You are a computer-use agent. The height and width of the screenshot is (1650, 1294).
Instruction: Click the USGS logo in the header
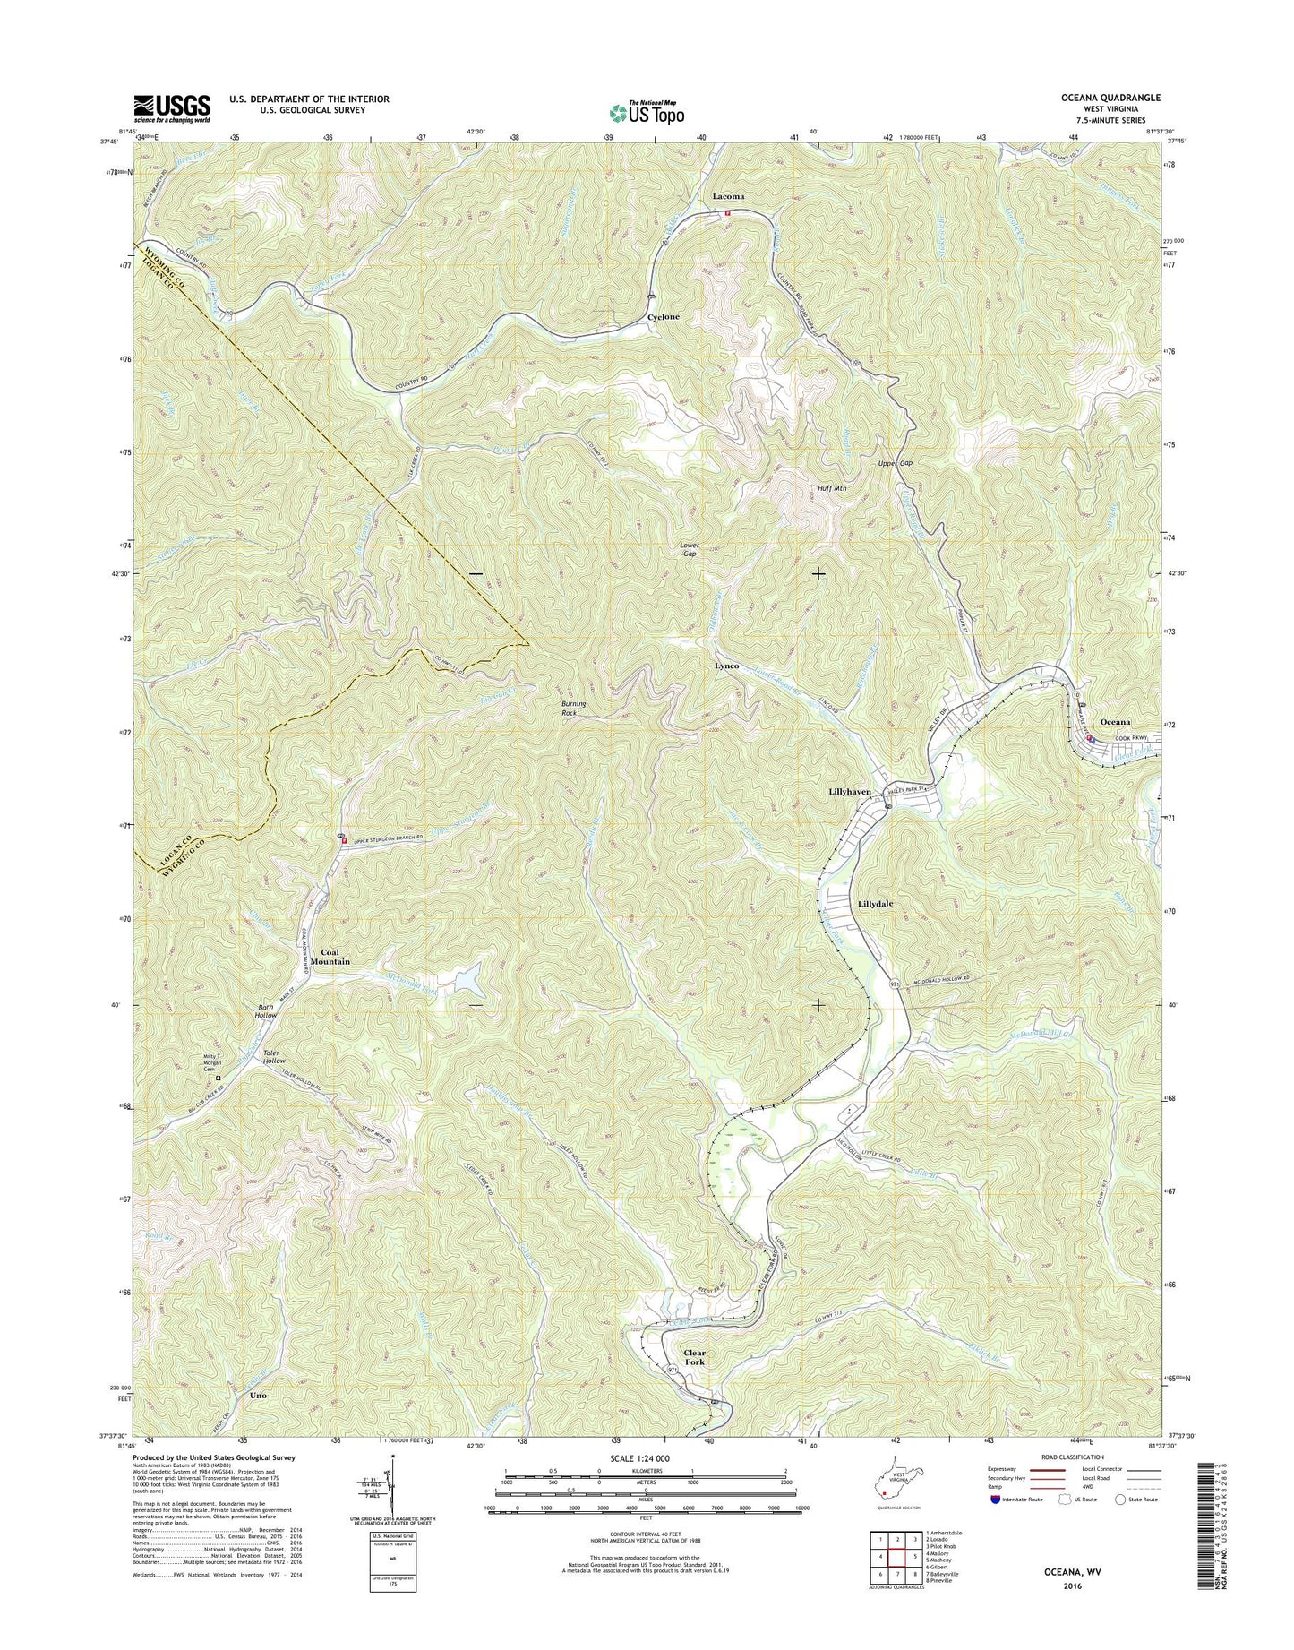172,107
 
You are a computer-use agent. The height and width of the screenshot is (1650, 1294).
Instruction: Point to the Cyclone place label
664,317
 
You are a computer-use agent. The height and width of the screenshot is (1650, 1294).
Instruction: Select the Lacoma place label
728,195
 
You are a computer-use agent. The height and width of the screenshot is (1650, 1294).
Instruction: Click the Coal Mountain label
330,956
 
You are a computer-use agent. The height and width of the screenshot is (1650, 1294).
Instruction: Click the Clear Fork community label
695,1357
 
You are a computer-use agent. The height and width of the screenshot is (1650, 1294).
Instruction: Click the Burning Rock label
573,709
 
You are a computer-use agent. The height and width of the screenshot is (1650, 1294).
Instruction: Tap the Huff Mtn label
832,489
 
